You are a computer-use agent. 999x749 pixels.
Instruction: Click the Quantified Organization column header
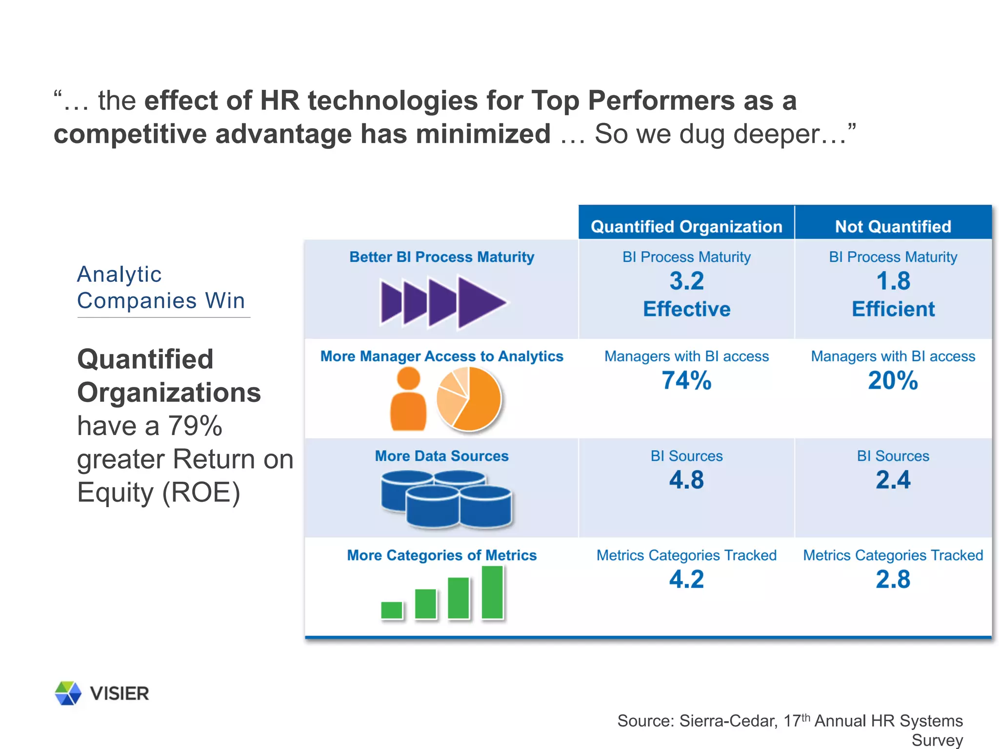point(686,227)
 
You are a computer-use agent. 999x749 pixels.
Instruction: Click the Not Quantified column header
point(893,227)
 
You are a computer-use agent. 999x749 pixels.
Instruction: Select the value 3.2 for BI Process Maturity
point(686,281)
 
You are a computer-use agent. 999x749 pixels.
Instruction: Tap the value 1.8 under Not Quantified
point(893,281)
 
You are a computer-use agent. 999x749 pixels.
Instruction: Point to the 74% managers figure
point(686,380)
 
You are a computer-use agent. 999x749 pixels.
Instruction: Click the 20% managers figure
point(893,380)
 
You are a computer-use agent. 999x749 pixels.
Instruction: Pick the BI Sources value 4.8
point(686,480)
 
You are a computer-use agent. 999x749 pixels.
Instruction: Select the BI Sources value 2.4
point(893,480)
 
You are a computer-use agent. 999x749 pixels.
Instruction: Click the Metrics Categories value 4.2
point(686,579)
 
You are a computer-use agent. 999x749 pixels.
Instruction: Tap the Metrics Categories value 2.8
point(893,579)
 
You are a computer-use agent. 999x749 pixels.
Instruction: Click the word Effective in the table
point(686,309)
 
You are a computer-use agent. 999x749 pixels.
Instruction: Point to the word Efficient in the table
point(893,309)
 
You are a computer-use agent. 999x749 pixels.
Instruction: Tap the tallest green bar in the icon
point(492,592)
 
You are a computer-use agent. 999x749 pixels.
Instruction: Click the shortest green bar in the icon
point(391,610)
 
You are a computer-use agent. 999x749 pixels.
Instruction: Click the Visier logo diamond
point(68,693)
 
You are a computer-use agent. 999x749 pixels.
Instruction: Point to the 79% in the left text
point(195,426)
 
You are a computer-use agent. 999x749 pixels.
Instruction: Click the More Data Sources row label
point(441,456)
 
